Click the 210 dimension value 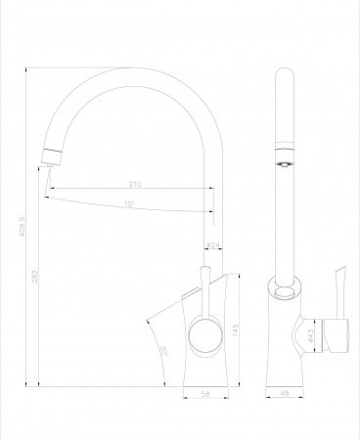134,184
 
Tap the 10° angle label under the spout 129,204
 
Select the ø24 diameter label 211,245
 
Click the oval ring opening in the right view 287,290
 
